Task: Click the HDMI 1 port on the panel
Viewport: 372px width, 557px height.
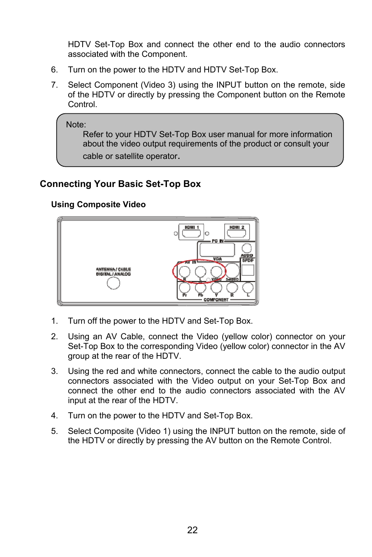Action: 191,233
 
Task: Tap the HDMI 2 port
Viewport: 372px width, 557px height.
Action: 237,233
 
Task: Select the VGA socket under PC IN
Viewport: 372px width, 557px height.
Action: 217,250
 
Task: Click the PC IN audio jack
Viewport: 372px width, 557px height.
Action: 246,248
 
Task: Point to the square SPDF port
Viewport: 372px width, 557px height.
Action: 248,270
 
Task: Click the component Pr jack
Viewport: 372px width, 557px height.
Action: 184,287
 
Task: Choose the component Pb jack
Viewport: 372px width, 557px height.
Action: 200,287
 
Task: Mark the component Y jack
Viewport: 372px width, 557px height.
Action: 216,287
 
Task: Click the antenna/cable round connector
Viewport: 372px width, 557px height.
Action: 113,283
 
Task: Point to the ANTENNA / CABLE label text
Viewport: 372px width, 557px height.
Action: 113,269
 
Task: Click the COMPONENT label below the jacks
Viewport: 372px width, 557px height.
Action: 216,300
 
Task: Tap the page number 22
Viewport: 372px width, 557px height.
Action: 192,530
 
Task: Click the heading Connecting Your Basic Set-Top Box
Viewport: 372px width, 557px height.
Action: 120,184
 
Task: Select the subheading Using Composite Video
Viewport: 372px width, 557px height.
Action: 98,204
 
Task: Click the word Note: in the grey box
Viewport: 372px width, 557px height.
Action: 76,125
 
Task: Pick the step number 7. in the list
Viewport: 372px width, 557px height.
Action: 54,85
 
